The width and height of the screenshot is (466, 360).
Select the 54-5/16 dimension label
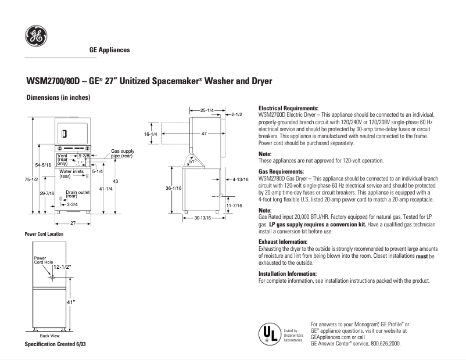[44, 165]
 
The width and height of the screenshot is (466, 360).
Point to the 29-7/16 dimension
[46, 193]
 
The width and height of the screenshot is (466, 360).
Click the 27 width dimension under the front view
[74, 223]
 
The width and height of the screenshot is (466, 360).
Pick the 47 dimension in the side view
[204, 134]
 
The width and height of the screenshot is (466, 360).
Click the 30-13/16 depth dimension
[202, 218]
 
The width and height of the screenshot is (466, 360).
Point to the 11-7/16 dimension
[234, 206]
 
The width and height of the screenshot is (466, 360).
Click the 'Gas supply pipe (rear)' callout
[122, 153]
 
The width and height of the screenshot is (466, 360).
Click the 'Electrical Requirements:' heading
[288, 109]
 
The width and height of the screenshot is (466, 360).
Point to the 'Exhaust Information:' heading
[282, 241]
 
